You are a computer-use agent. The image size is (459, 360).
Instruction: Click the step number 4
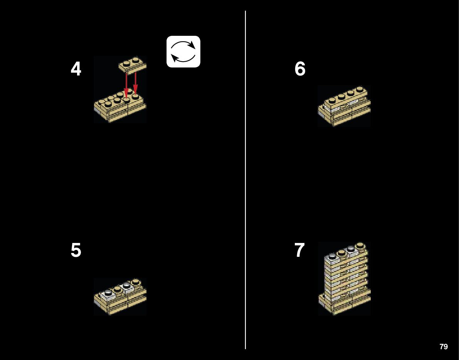tap(76, 70)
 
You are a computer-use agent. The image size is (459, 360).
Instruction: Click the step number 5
tap(76, 250)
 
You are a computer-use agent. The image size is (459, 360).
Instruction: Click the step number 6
tap(300, 69)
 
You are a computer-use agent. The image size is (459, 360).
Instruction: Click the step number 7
tap(299, 250)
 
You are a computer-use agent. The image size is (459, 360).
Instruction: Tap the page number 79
tap(444, 347)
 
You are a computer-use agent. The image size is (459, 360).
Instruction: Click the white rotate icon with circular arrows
tap(183, 52)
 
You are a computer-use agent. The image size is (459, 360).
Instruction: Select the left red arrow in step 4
tap(126, 85)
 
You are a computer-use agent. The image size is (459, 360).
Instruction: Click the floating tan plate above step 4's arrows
tap(133, 65)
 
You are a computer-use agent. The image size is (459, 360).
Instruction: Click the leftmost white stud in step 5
tap(109, 293)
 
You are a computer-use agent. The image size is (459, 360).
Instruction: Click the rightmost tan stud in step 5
tap(135, 281)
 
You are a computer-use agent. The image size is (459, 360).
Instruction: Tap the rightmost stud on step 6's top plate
tap(359, 89)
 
